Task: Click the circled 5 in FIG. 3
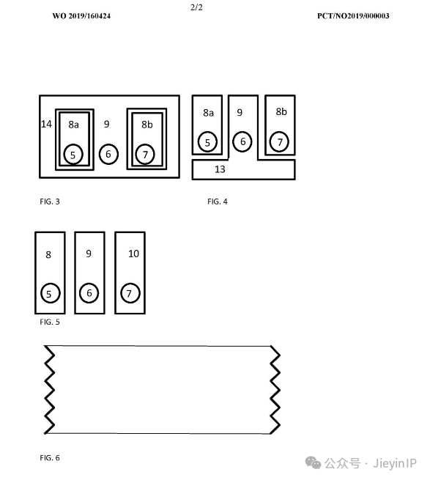(73, 155)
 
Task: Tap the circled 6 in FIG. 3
(108, 154)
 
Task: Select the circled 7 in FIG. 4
(279, 141)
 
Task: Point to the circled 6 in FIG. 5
(89, 293)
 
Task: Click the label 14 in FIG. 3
(47, 124)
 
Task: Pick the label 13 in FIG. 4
(220, 169)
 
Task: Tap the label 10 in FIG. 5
(133, 254)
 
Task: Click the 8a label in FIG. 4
(208, 113)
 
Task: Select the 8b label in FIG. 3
(147, 125)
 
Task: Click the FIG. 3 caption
(50, 202)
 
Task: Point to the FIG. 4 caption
(218, 202)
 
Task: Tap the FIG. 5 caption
(50, 322)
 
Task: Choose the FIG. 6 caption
(50, 458)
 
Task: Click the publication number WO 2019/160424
(81, 16)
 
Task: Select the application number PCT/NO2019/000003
(353, 16)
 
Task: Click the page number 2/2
(196, 7)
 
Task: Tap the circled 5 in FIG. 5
(51, 293)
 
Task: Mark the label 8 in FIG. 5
(48, 255)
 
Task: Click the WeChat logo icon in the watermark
(313, 462)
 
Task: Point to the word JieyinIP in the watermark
(395, 463)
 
